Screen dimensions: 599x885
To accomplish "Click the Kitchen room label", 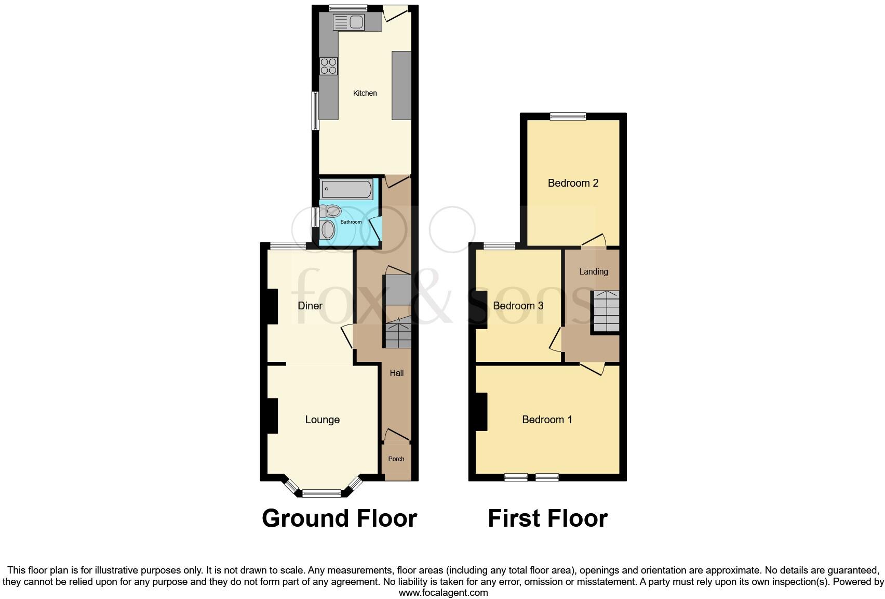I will (x=365, y=93).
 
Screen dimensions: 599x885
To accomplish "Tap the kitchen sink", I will (x=349, y=22).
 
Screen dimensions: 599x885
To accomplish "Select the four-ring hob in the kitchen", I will (x=328, y=66).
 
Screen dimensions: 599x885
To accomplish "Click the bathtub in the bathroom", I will (x=346, y=189).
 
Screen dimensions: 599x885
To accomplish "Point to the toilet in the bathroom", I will (x=331, y=211).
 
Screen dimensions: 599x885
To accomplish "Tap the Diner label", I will (x=310, y=306).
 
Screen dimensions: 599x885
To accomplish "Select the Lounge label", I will (x=322, y=420).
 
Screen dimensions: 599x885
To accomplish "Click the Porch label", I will (x=396, y=459).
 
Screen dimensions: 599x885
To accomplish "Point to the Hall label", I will (x=397, y=373).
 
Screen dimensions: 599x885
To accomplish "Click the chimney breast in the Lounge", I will (x=272, y=416).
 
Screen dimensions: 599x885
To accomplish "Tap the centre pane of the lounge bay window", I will (x=322, y=493).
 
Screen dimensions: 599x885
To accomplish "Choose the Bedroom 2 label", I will (x=573, y=183).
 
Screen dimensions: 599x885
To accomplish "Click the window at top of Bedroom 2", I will (x=568, y=116).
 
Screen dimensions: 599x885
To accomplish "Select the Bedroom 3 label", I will (x=518, y=306).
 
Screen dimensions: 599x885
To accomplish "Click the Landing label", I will (x=593, y=271).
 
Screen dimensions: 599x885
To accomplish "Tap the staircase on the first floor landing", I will (x=606, y=312).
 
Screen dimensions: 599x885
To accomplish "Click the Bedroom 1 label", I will (x=547, y=420).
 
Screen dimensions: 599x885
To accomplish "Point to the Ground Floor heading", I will (x=339, y=518).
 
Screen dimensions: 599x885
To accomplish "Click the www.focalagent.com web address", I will (x=443, y=592).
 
